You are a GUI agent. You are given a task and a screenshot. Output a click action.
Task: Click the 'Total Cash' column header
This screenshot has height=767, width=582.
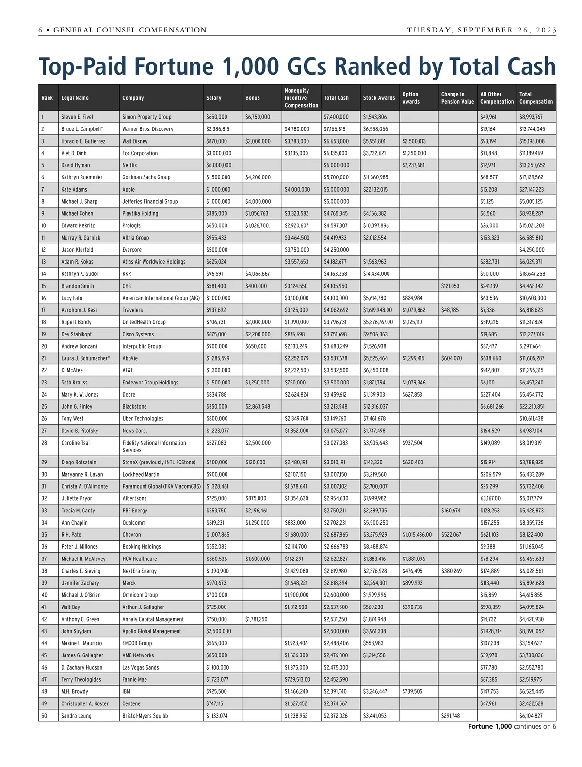point(336,98)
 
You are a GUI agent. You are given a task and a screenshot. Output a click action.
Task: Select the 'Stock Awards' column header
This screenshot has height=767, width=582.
point(379,98)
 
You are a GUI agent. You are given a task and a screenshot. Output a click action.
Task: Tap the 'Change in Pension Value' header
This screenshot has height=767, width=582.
point(457,98)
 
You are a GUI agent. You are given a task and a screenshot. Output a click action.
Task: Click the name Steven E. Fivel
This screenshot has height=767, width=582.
point(77,117)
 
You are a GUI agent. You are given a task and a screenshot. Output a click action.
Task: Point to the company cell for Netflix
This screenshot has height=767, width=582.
point(129,165)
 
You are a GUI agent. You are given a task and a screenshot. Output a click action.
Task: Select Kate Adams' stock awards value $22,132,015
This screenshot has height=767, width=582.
point(375,190)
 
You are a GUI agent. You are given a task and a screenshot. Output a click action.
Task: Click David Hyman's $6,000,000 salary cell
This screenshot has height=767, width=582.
point(219,165)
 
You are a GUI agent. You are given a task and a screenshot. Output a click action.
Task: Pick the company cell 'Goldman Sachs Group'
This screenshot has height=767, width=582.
point(146,177)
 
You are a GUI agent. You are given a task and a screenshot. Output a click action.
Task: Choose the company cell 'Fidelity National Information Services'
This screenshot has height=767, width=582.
point(154,447)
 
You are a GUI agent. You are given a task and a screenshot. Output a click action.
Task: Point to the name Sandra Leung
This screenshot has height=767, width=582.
point(76,716)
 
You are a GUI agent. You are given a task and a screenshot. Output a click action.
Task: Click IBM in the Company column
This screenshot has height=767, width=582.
point(127,691)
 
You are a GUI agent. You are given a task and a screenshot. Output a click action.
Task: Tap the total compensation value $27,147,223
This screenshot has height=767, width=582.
point(532,190)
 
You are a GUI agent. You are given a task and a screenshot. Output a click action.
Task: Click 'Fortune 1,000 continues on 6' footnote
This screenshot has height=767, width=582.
point(512,726)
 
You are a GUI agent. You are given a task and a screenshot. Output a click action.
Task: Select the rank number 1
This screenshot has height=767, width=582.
point(43,117)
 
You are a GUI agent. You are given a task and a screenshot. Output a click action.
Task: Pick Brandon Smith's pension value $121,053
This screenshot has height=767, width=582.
point(451,286)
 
